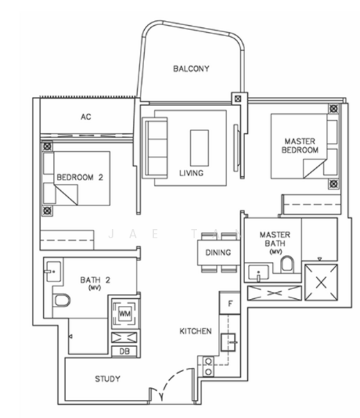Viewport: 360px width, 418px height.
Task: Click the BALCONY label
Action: [x=191, y=68]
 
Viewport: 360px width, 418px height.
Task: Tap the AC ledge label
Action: [x=86, y=116]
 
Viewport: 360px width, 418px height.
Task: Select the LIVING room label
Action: [x=191, y=173]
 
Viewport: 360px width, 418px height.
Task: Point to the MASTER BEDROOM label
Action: [x=300, y=146]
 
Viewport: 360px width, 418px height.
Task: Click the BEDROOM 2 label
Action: [x=79, y=177]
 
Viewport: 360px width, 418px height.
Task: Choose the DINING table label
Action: [x=218, y=252]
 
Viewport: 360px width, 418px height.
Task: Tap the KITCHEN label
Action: [x=196, y=331]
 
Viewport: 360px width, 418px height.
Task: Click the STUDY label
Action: [x=107, y=378]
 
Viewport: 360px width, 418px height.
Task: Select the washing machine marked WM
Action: [x=125, y=313]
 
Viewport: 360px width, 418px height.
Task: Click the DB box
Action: [x=125, y=351]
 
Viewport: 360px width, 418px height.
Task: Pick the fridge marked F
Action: [x=230, y=303]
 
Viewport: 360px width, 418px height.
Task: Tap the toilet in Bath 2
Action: [x=62, y=301]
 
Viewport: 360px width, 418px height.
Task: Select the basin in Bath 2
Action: [x=54, y=272]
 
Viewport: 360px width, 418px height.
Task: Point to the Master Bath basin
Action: [x=258, y=272]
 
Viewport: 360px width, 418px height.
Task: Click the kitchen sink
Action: [x=228, y=342]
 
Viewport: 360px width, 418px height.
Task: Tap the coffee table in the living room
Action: [x=199, y=148]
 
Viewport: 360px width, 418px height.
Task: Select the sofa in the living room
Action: [x=155, y=148]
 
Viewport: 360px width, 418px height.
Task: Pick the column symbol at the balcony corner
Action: [x=237, y=99]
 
